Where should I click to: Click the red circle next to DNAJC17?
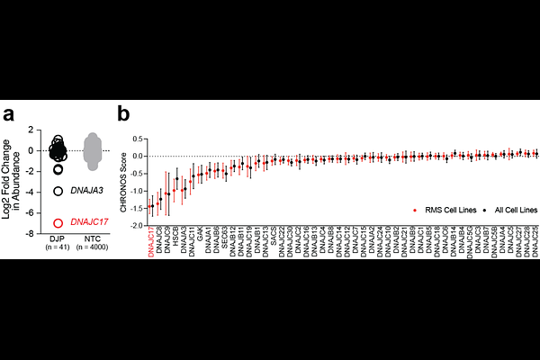pyautogui.click(x=58, y=221)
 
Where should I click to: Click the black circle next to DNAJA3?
pyautogui.click(x=58, y=191)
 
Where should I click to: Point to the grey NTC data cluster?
pyautogui.click(x=94, y=148)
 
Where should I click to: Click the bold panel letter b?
pyautogui.click(x=125, y=114)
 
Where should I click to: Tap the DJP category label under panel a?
pyautogui.click(x=56, y=238)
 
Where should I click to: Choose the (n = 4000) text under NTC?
pyautogui.click(x=94, y=247)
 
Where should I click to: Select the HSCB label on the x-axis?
pyautogui.click(x=175, y=236)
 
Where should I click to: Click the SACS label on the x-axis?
pyautogui.click(x=274, y=235)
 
